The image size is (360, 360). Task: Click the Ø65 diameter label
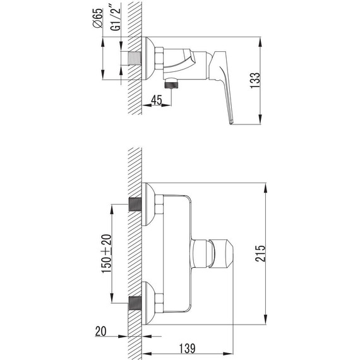(97, 18)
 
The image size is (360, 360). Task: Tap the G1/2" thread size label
(115, 19)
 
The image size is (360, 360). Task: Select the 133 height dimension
(255, 80)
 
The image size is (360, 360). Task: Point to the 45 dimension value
(157, 100)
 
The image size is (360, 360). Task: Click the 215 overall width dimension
(260, 253)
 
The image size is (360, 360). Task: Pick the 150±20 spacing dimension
(107, 253)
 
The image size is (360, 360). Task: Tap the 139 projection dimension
(187, 348)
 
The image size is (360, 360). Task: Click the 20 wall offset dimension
(101, 332)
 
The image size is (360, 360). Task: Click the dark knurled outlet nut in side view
(172, 83)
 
